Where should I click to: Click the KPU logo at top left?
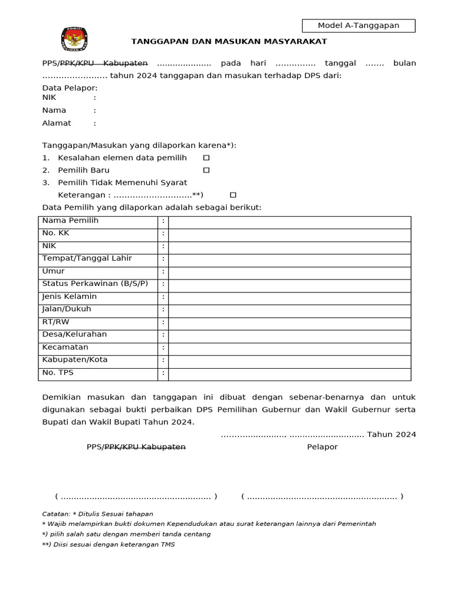click(x=74, y=40)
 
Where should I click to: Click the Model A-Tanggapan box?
click(x=359, y=25)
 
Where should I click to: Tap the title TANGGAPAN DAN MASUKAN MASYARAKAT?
click(x=229, y=41)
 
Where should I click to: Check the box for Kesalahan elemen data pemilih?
click(x=206, y=158)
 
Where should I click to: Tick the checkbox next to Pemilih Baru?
click(x=206, y=170)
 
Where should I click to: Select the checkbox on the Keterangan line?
click(x=233, y=195)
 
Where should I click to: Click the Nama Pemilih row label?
click(x=70, y=221)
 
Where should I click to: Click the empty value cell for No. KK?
click(x=289, y=235)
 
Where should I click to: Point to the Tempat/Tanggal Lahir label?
click(x=87, y=259)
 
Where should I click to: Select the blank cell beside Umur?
click(x=289, y=273)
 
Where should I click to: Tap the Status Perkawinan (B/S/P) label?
click(x=95, y=284)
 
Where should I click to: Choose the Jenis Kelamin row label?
click(x=69, y=297)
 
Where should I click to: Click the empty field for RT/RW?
click(x=289, y=323)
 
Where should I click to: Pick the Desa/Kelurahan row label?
click(x=74, y=334)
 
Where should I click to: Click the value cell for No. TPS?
click(x=289, y=374)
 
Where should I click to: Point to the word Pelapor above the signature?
click(x=322, y=447)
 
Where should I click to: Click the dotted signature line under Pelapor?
click(x=322, y=497)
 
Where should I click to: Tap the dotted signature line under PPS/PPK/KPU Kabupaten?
click(x=136, y=497)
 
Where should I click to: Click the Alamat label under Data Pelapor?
click(x=57, y=123)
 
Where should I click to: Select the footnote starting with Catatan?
click(x=98, y=514)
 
